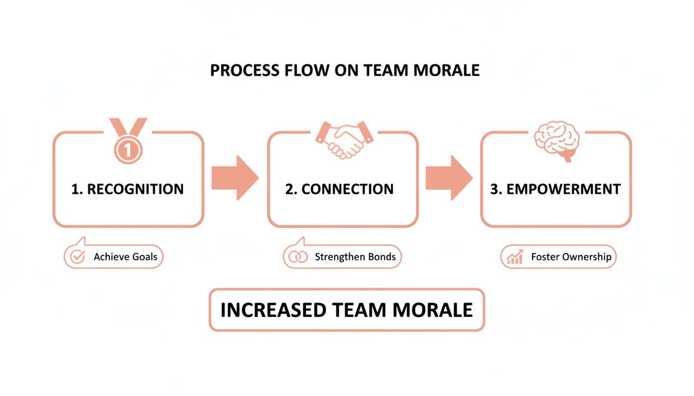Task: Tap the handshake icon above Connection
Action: point(344,139)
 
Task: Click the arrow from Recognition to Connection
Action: point(235,177)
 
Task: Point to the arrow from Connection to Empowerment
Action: point(449,177)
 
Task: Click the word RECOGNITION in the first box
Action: point(135,189)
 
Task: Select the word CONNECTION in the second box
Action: point(348,189)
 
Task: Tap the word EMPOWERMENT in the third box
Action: point(563,189)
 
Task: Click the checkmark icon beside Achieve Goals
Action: point(77,257)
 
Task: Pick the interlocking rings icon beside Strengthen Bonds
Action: point(297,257)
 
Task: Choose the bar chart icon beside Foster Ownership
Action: point(515,257)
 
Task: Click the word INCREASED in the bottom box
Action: point(273,310)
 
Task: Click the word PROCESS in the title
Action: point(240,70)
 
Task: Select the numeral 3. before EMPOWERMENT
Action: point(496,189)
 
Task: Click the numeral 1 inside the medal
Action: point(128,150)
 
